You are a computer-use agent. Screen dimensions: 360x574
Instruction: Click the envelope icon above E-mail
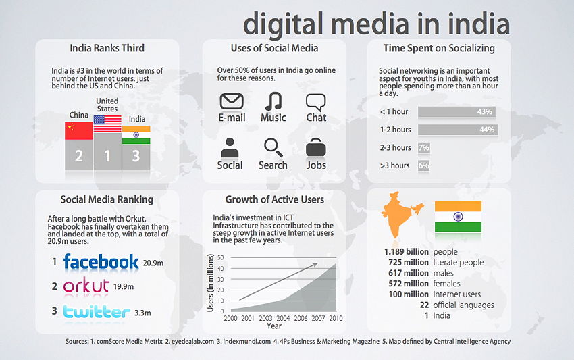tap(232, 102)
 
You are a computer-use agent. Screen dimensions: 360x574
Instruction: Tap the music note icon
tap(273, 101)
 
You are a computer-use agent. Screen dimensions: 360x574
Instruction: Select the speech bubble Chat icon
tap(315, 102)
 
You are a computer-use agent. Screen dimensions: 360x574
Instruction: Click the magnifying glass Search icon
tap(272, 147)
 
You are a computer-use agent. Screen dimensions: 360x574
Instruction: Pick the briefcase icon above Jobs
tap(315, 147)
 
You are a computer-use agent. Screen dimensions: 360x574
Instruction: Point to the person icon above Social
tap(230, 147)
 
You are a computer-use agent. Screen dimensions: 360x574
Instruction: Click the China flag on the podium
tap(78, 130)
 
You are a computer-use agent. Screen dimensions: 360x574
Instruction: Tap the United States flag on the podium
tap(107, 124)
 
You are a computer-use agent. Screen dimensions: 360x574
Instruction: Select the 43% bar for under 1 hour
tap(458, 111)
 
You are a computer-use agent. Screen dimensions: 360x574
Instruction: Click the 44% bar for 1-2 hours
tap(458, 130)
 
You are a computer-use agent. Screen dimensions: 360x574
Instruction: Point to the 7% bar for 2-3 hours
tap(424, 147)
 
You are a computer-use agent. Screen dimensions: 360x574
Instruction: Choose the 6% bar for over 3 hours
tap(423, 165)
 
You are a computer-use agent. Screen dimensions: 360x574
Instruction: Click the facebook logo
tap(101, 261)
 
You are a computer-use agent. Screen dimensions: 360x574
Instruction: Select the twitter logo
tap(95, 311)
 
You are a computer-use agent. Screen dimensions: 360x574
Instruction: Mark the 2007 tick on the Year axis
tap(319, 317)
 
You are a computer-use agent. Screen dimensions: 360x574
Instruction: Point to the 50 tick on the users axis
tap(220, 257)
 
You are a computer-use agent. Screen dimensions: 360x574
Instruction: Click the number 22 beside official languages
tap(424, 305)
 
